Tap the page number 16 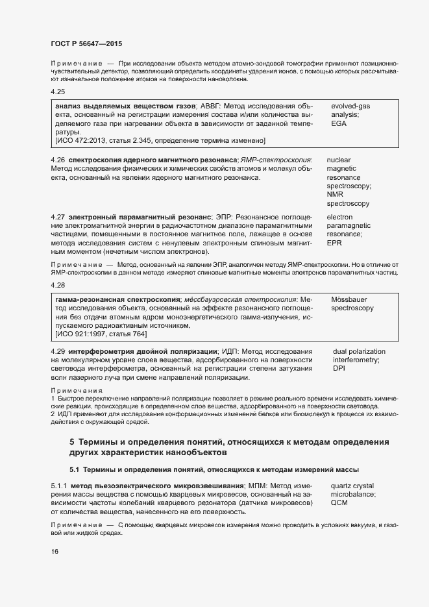tap(55, 552)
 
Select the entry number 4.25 tap(58, 92)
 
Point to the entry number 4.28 tap(58, 285)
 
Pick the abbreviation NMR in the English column tap(335, 194)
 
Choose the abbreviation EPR tap(334, 243)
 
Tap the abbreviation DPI tap(339, 369)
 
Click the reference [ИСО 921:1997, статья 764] tap(101, 334)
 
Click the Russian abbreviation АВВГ tap(209, 105)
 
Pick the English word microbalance tap(354, 494)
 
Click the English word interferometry tap(356, 360)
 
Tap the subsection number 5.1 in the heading tap(75, 469)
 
